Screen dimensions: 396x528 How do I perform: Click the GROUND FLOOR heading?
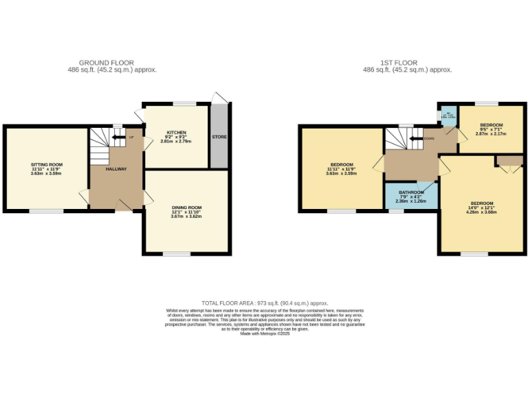107,63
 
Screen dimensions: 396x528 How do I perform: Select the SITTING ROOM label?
47,165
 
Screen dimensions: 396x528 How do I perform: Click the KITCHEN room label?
176,133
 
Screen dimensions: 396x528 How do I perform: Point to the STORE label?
219,137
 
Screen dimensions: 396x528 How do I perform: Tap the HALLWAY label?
116,169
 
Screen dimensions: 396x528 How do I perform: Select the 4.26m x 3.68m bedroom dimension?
481,212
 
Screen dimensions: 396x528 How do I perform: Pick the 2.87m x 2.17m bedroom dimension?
491,134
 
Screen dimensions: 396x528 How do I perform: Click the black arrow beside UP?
121,137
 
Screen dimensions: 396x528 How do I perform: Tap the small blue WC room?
448,115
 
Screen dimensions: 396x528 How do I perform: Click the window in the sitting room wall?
42,211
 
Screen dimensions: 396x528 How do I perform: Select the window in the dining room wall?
177,254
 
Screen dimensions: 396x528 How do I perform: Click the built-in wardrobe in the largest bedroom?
509,162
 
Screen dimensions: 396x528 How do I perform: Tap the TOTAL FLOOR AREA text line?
265,303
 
